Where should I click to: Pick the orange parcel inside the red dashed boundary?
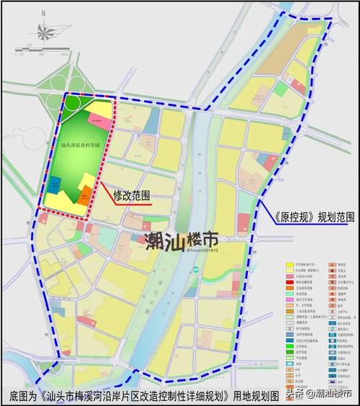85,193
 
